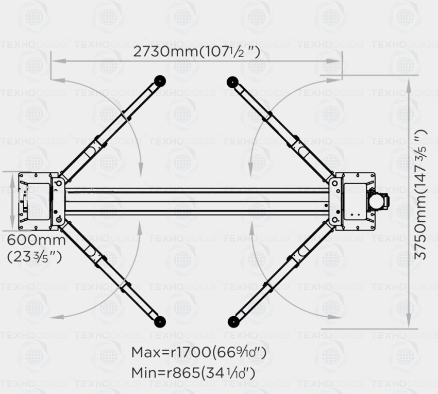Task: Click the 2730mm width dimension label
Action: point(196,52)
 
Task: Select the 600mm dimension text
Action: point(36,240)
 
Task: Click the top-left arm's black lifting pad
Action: point(160,81)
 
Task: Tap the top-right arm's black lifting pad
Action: point(233,82)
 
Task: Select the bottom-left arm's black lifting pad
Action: point(160,322)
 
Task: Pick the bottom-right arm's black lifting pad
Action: point(233,322)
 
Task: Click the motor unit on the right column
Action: point(379,201)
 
